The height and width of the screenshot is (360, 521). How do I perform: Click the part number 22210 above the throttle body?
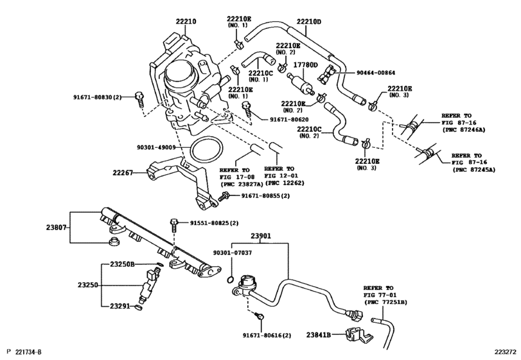[186, 22]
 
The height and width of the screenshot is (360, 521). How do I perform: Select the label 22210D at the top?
[309, 22]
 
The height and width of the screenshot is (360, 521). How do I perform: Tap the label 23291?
[120, 305]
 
